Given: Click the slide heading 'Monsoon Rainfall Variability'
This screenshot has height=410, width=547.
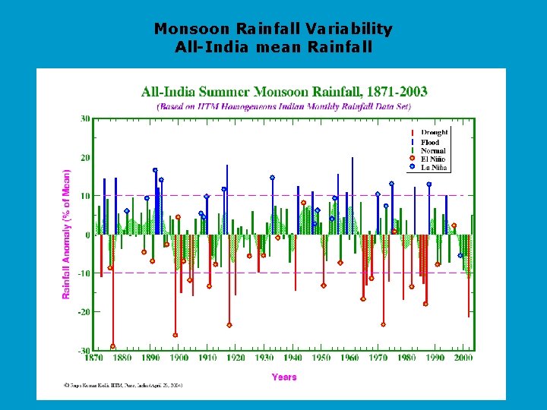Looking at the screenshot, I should pyautogui.click(x=273, y=29).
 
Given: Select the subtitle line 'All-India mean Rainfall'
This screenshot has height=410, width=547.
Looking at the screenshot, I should pyautogui.click(x=273, y=47).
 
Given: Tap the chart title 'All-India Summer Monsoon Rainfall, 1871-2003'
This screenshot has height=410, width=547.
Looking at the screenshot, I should pyautogui.click(x=284, y=92).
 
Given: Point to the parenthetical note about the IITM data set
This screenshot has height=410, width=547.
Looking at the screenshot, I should pyautogui.click(x=284, y=107).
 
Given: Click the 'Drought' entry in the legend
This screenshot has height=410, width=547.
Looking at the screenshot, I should pyautogui.click(x=434, y=133).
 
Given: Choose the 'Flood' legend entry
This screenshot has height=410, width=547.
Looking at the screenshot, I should pyautogui.click(x=430, y=142).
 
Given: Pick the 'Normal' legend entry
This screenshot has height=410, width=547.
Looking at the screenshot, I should pyautogui.click(x=432, y=150).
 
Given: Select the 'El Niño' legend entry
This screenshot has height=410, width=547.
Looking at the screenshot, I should pyautogui.click(x=432, y=159).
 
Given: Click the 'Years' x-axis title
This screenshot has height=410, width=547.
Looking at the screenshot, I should pyautogui.click(x=284, y=377).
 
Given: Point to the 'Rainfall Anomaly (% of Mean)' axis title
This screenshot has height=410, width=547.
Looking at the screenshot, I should pyautogui.click(x=67, y=234).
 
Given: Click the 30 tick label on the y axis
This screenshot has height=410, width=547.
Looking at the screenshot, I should pyautogui.click(x=85, y=118).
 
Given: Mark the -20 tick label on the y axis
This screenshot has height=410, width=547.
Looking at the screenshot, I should pyautogui.click(x=84, y=312).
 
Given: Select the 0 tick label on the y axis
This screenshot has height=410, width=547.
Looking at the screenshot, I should pyautogui.click(x=87, y=235).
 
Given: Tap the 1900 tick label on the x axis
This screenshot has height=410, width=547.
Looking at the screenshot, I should pyautogui.click(x=179, y=358).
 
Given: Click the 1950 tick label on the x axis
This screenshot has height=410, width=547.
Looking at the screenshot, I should pyautogui.click(x=321, y=358).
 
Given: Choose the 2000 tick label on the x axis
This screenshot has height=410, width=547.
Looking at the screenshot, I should pyautogui.click(x=463, y=358).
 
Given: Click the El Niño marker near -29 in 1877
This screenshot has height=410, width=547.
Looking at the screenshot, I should pyautogui.click(x=112, y=346).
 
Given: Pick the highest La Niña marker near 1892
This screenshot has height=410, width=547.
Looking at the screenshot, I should pyautogui.click(x=155, y=170).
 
